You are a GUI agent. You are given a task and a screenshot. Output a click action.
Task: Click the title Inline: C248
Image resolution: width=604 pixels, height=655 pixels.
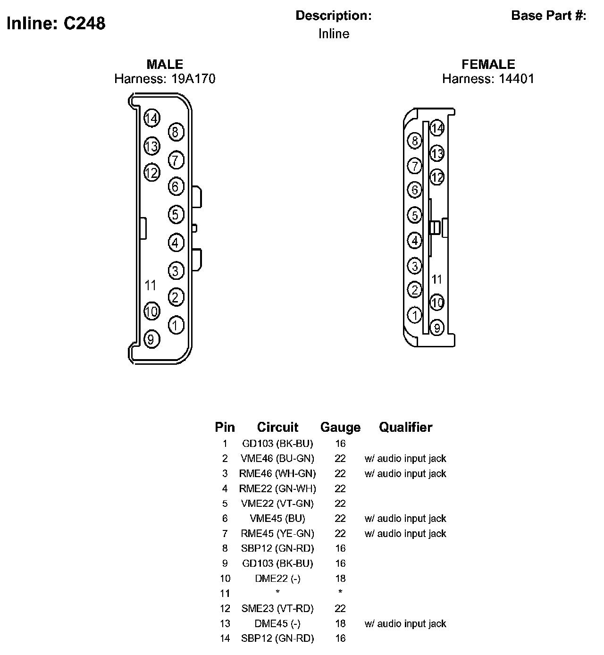coord(56,23)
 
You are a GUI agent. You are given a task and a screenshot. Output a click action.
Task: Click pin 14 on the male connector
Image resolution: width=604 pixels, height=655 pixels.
coord(151,118)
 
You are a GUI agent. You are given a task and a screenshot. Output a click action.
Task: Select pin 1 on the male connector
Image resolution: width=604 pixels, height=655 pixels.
coord(176,325)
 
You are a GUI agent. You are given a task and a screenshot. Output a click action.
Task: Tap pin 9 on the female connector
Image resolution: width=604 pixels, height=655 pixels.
coord(437,327)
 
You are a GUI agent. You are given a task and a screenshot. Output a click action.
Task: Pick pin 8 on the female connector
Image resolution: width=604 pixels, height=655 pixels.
coord(415,141)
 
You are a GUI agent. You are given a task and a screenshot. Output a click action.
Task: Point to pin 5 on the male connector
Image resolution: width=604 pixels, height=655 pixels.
coord(176,215)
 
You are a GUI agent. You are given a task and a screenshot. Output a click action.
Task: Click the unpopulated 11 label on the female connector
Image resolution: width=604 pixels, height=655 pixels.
coord(437,279)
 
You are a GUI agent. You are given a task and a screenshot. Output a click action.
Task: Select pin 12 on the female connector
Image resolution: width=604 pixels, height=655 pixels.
coord(437,177)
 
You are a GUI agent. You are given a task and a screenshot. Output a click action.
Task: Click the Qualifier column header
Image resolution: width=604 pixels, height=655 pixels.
coord(405,427)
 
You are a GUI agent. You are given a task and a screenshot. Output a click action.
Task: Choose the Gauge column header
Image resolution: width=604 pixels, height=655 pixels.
coord(340,427)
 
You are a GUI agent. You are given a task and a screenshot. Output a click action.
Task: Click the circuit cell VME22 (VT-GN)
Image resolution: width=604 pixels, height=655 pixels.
coord(277,504)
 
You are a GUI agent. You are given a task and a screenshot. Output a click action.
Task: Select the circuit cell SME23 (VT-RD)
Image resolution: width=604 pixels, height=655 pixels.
coord(277,608)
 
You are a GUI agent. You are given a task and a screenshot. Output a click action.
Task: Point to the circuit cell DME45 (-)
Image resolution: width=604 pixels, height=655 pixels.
coord(277,623)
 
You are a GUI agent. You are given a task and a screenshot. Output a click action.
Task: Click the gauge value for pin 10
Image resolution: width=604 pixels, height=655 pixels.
coord(340,579)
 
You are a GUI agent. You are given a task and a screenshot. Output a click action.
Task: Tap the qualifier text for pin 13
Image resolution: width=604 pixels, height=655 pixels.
coord(405,623)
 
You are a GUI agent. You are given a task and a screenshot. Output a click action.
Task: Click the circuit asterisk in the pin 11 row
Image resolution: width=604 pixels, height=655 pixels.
coord(277,592)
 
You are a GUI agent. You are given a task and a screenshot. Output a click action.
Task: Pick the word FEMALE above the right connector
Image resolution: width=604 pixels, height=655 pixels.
coord(488,64)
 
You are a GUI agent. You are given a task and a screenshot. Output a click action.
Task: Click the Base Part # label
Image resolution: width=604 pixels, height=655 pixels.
coord(548,16)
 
